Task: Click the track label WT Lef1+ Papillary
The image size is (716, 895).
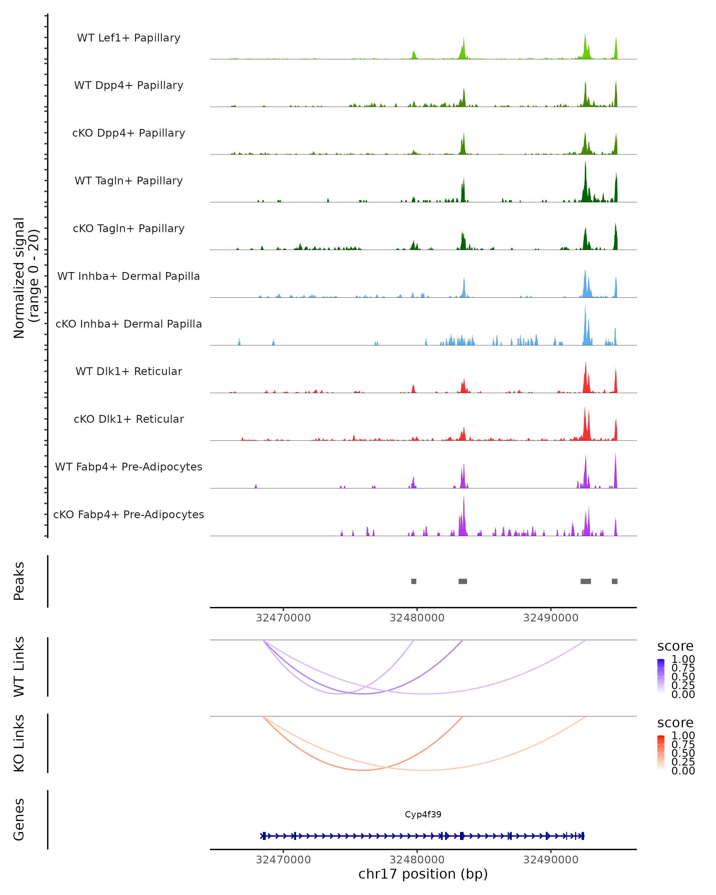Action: coord(129,38)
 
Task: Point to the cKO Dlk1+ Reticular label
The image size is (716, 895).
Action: coord(129,419)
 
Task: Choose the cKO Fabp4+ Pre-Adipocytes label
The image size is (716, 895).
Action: coord(129,514)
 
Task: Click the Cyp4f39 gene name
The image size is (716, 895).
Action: coord(423,814)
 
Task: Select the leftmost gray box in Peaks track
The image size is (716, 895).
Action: coord(413,581)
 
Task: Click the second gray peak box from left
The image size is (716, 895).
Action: coord(462,581)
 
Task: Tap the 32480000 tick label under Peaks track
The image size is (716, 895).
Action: coord(417,618)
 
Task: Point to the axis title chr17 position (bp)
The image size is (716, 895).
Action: coord(423,874)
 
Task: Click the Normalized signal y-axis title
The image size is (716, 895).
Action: coord(26,278)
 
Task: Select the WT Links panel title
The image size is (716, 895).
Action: coord(19,667)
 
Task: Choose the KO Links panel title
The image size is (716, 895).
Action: coord(19,743)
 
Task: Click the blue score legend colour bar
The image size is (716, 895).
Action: coord(661,676)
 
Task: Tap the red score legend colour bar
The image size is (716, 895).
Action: coord(661,752)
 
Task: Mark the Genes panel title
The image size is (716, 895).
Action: coord(19,820)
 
